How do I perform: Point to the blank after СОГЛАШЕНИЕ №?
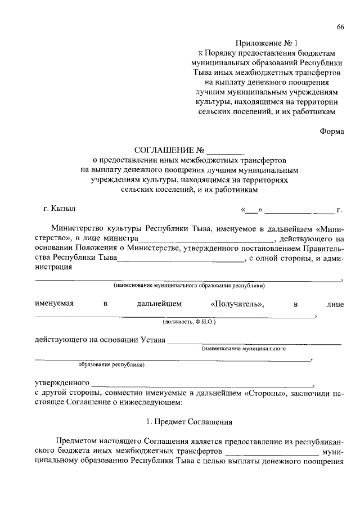click(x=226, y=151)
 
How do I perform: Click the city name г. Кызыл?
click(x=59, y=210)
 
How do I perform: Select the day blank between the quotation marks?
click(x=252, y=211)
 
